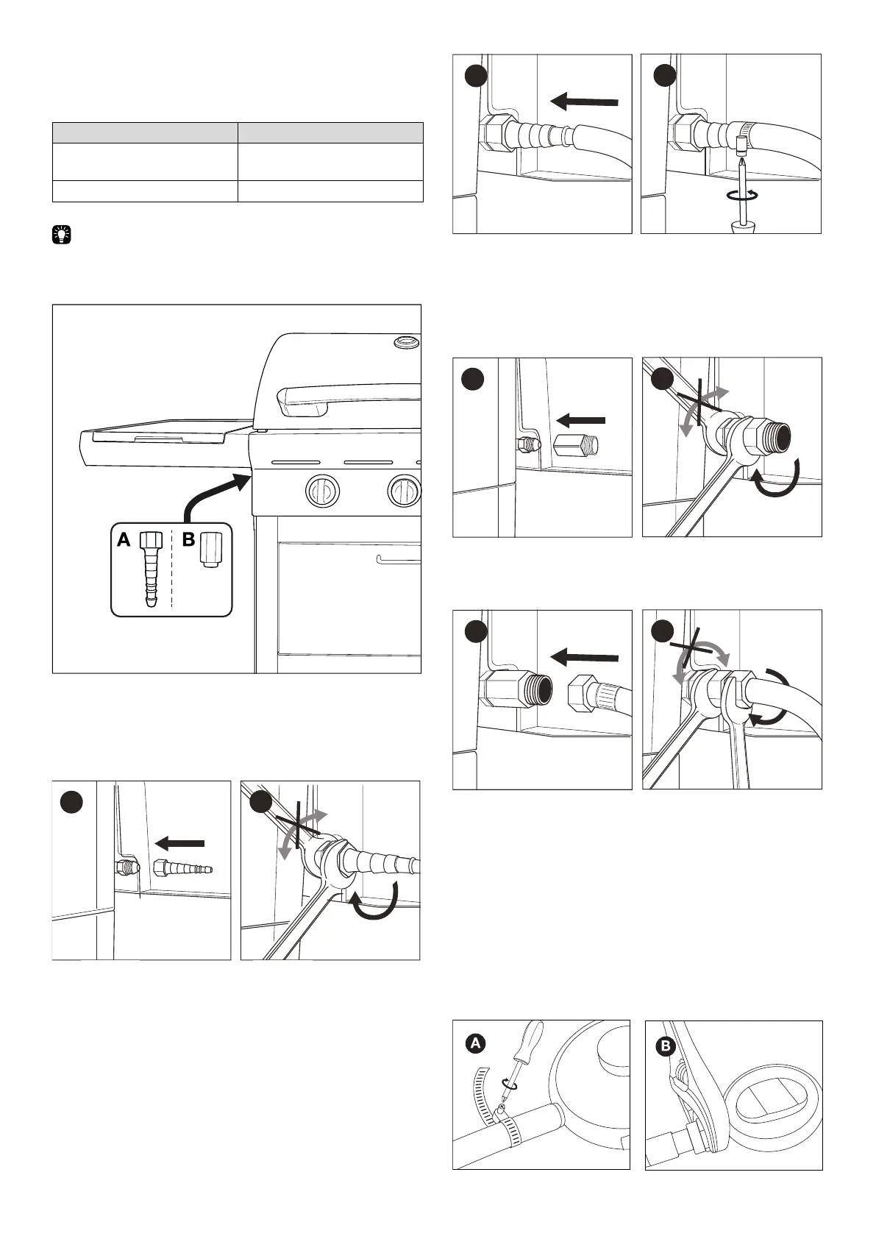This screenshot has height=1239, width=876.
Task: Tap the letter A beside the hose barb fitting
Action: click(x=124, y=541)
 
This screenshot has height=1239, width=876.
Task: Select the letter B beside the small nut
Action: click(x=188, y=541)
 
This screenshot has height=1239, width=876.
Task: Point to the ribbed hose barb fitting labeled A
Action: click(x=150, y=570)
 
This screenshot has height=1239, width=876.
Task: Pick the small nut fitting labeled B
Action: click(x=210, y=550)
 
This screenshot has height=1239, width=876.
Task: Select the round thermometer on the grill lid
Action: click(x=405, y=341)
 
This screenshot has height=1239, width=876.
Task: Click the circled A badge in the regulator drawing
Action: click(x=476, y=1043)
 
